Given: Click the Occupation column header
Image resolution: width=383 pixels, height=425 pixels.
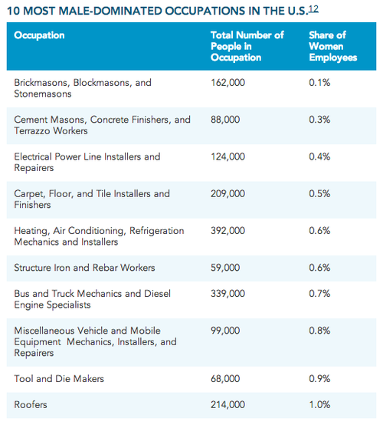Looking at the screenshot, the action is point(39,35).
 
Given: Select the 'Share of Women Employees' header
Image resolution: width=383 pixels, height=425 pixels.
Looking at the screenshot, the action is point(333,46).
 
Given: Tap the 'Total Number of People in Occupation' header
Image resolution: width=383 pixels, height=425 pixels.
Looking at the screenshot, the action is point(247,46).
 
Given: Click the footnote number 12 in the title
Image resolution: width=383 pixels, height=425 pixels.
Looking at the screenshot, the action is point(313,9).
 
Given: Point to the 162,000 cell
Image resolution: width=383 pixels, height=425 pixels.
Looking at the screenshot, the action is point(228,83).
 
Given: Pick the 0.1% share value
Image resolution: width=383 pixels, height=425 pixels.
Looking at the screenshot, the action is point(319,83).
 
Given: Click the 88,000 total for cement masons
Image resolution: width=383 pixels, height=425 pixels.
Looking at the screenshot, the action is point(225,120).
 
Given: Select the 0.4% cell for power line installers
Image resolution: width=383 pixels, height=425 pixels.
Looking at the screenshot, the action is point(319,156).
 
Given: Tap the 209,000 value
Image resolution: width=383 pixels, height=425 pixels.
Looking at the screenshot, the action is point(228,194).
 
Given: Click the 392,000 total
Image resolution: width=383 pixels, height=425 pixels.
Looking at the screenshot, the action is point(228,231).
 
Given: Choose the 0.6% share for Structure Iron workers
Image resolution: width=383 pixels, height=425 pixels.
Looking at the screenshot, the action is point(319,268).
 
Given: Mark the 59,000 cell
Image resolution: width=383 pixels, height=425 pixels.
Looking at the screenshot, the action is point(225,268).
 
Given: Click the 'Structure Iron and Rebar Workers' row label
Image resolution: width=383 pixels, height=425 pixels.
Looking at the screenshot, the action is point(84,268).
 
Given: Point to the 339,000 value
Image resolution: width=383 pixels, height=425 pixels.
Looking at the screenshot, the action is point(228,294).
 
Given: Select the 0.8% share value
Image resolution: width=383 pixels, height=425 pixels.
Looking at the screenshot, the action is point(319,331).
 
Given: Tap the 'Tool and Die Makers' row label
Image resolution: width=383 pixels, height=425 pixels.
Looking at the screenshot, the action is point(59,379).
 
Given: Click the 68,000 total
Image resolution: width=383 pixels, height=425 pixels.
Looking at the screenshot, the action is point(225,379).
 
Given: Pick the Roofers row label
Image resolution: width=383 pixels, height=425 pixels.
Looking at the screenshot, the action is point(31,405).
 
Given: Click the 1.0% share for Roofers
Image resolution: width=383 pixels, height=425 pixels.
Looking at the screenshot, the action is point(319,405).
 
